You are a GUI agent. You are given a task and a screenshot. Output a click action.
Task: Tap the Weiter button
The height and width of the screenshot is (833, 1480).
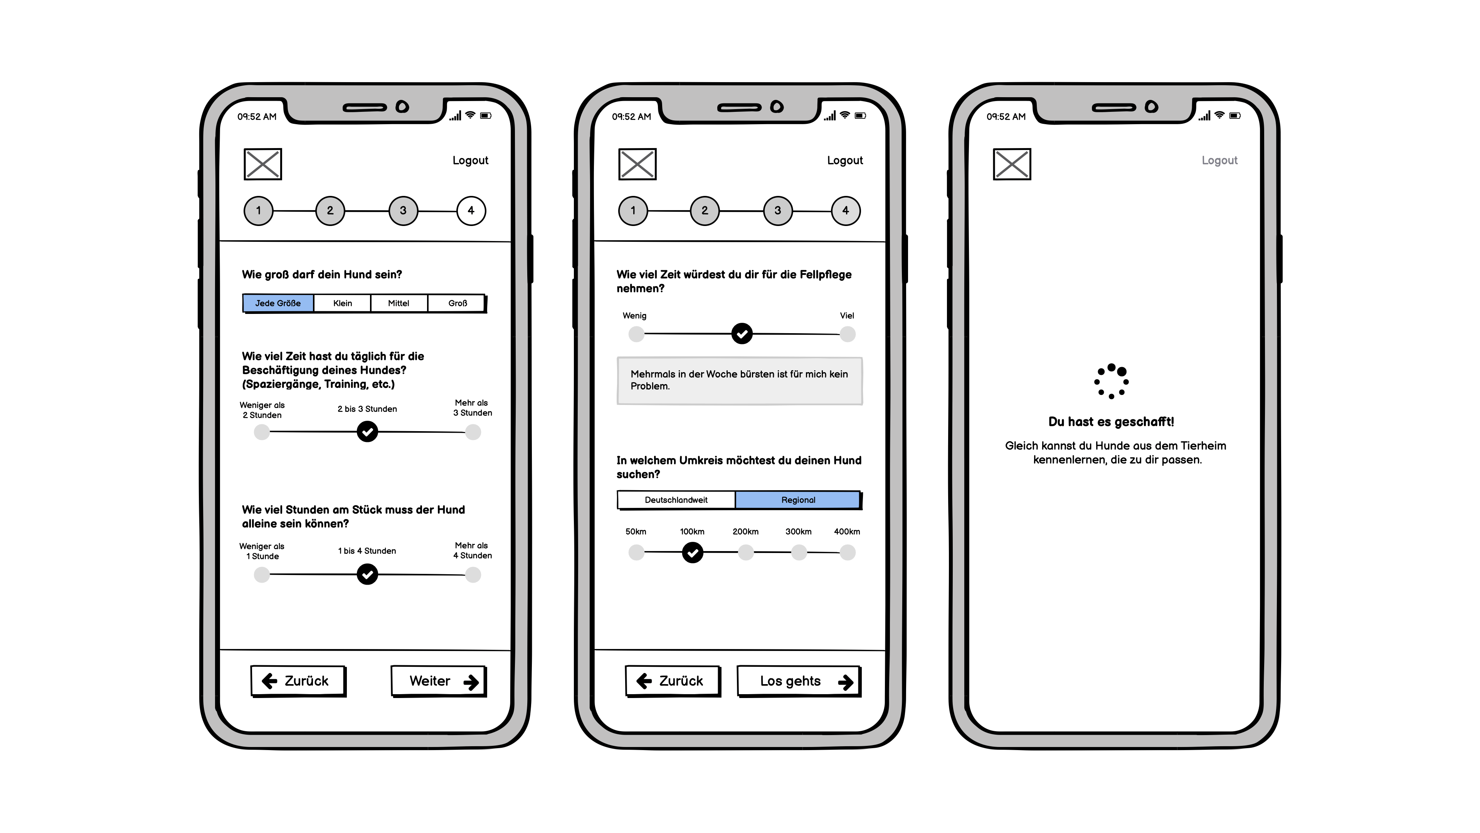click(x=438, y=681)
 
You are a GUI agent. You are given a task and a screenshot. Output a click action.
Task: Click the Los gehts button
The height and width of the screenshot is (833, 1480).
click(x=798, y=681)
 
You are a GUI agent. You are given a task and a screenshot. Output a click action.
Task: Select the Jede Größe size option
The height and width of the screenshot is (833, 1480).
click(x=278, y=303)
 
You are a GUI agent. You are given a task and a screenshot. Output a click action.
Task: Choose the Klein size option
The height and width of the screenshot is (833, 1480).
click(x=342, y=303)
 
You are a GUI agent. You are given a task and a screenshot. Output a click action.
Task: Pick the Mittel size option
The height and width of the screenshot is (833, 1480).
click(x=399, y=303)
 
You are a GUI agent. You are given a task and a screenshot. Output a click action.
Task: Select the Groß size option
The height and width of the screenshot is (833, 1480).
click(x=457, y=303)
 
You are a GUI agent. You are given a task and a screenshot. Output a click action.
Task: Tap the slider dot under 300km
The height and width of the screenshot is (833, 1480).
click(x=799, y=553)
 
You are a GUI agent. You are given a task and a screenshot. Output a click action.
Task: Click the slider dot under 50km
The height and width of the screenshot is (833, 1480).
click(x=636, y=553)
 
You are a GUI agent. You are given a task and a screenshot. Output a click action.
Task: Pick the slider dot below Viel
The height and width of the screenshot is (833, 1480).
click(x=848, y=334)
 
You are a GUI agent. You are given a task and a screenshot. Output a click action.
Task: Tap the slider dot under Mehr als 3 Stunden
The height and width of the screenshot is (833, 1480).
click(x=473, y=432)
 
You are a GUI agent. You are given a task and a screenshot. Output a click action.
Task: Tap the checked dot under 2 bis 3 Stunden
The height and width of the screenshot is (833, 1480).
click(x=367, y=432)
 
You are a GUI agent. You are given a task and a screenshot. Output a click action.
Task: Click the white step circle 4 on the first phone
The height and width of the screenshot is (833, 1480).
click(x=471, y=211)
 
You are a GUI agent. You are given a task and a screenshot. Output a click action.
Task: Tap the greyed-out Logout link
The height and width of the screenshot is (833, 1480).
click(x=1219, y=160)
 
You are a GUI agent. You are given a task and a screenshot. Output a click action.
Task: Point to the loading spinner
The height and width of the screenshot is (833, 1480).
click(x=1111, y=381)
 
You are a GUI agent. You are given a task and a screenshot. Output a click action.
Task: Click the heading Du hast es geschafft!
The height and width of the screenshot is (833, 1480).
click(x=1111, y=422)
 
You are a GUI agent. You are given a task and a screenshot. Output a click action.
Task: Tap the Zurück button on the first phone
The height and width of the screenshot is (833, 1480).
click(x=298, y=681)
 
